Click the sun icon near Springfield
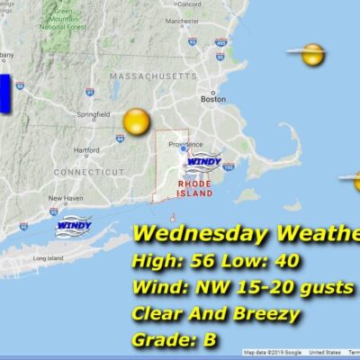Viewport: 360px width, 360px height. click(x=136, y=121)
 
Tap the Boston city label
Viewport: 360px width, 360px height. click(x=213, y=100)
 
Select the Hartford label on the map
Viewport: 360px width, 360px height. click(x=86, y=149)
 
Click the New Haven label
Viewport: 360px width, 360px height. click(x=66, y=197)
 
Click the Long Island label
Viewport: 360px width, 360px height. click(x=46, y=257)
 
